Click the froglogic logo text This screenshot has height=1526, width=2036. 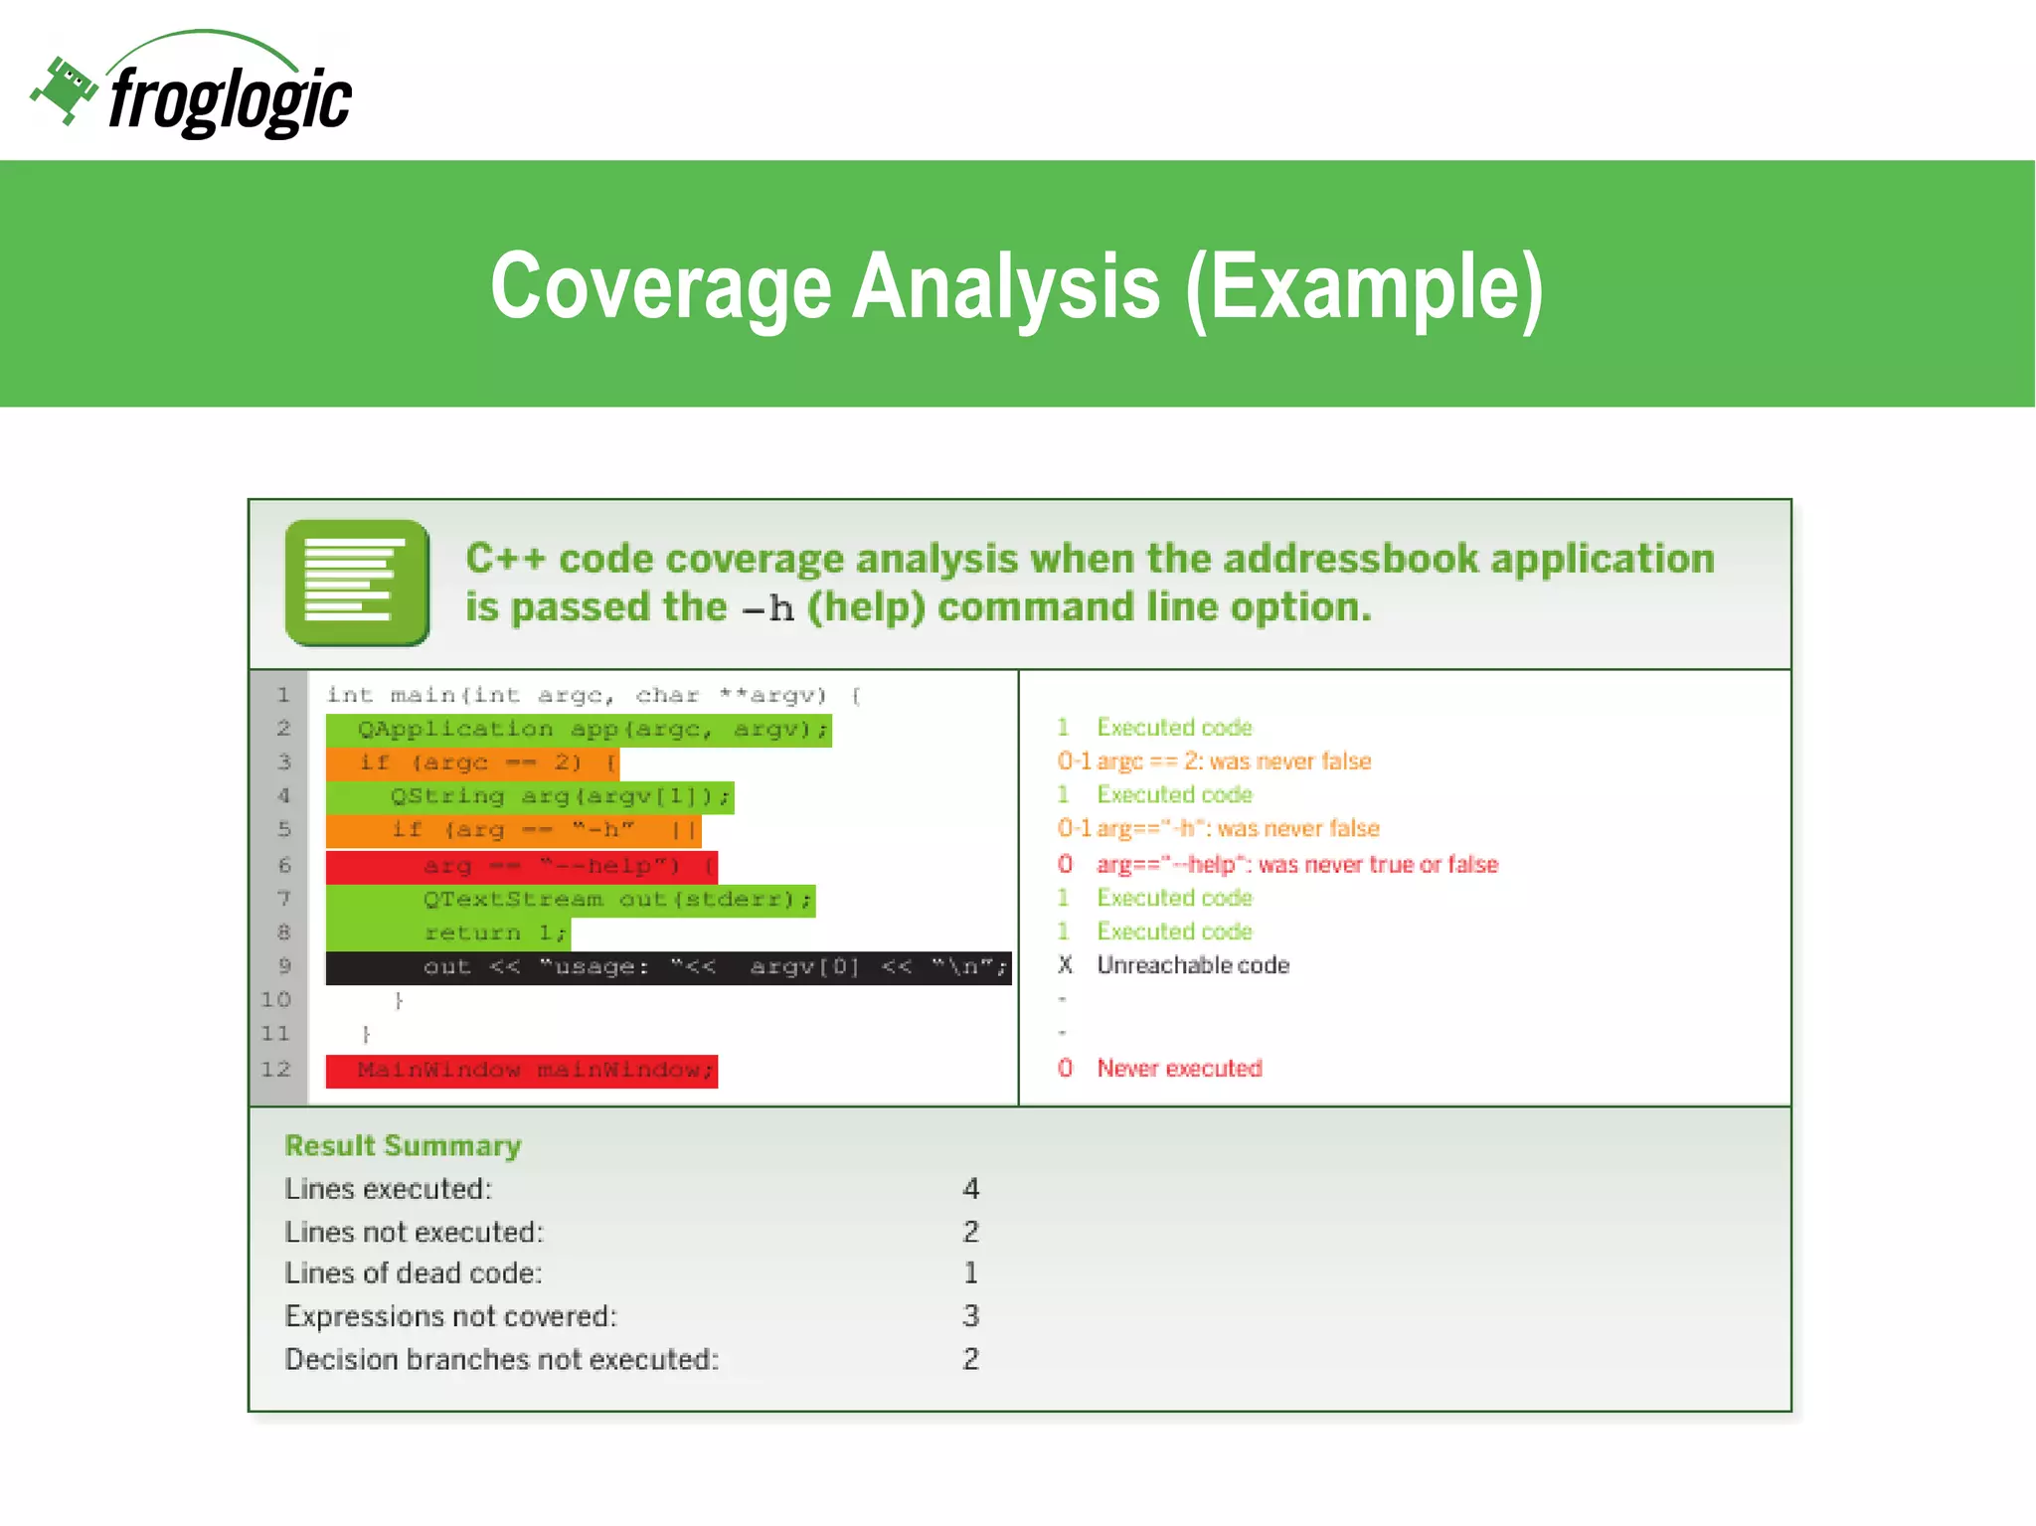click(231, 99)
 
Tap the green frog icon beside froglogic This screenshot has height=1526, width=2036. click(64, 89)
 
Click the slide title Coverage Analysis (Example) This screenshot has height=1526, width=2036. click(1016, 286)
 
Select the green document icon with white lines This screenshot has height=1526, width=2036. click(357, 583)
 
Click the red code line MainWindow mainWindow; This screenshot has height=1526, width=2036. click(521, 1071)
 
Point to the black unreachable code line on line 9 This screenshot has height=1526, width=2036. click(668, 967)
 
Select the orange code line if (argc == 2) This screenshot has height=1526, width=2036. click(472, 763)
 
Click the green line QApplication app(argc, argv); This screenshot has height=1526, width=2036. click(579, 730)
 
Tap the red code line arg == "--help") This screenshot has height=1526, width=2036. click(521, 866)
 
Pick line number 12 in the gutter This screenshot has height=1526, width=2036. click(276, 1070)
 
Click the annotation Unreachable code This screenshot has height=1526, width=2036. click(1192, 965)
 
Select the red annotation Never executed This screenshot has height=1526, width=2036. click(1179, 1069)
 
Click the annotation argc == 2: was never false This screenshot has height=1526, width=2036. click(1233, 762)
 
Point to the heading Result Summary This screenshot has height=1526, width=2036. click(403, 1146)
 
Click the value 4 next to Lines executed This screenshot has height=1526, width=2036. click(971, 1189)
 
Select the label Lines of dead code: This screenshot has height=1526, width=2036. click(413, 1273)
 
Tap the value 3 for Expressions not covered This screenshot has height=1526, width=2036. click(971, 1316)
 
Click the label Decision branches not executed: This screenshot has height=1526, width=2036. click(501, 1360)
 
